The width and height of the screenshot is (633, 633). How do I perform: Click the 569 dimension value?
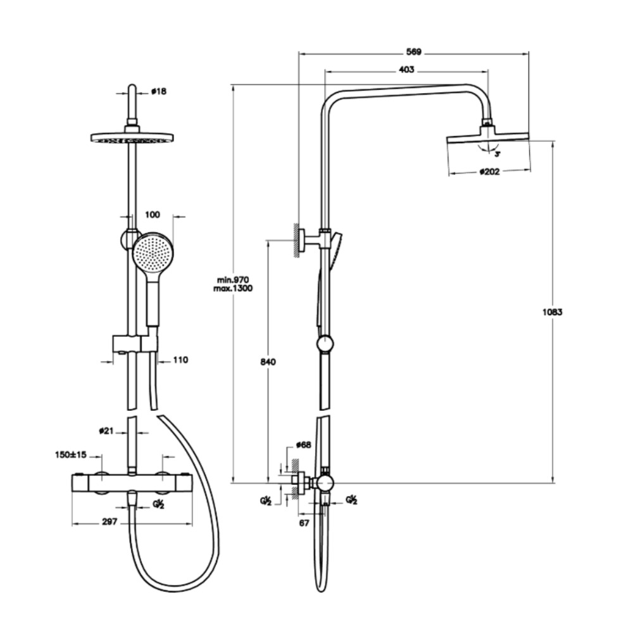[x=414, y=51]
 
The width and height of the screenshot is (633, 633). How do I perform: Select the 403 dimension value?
[x=406, y=70]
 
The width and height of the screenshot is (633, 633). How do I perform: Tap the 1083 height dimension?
[x=553, y=311]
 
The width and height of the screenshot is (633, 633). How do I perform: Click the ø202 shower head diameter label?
[x=489, y=171]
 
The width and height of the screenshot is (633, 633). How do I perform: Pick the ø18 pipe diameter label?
[x=158, y=92]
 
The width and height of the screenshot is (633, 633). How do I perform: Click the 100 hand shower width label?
[x=153, y=215]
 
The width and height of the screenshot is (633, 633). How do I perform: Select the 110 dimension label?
[x=180, y=360]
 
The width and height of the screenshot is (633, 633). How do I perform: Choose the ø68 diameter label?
[x=304, y=445]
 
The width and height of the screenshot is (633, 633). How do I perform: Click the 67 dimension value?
[x=304, y=523]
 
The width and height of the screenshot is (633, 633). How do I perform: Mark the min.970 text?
[x=234, y=279]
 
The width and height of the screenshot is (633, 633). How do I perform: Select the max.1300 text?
[x=234, y=289]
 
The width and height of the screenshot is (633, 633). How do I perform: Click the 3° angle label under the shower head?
[x=498, y=153]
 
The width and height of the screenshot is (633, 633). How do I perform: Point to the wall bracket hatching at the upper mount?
[x=295, y=239]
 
